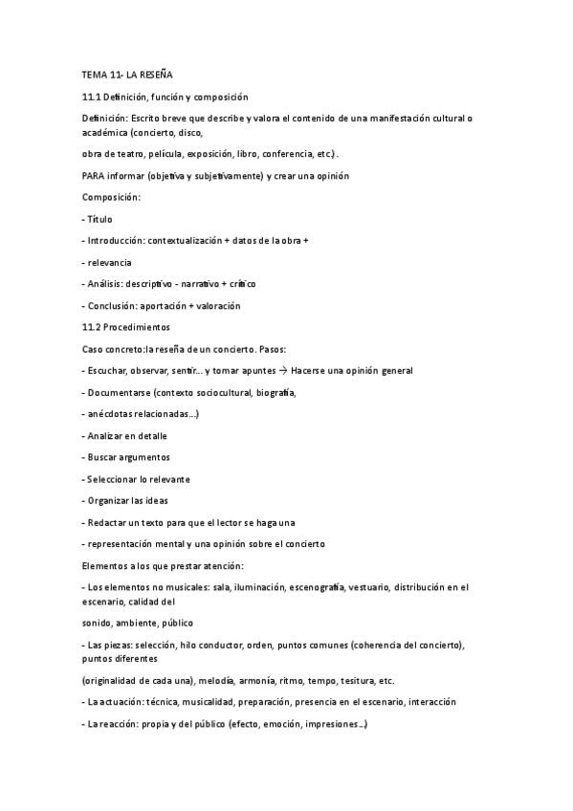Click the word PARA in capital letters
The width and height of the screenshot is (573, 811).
coord(96,175)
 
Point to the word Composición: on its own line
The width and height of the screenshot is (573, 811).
coord(112,197)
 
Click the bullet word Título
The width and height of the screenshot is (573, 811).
coord(100,219)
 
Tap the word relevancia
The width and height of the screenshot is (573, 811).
coord(110,262)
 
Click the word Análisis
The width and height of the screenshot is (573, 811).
coord(104,284)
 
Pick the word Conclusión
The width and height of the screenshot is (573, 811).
coord(111,306)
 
